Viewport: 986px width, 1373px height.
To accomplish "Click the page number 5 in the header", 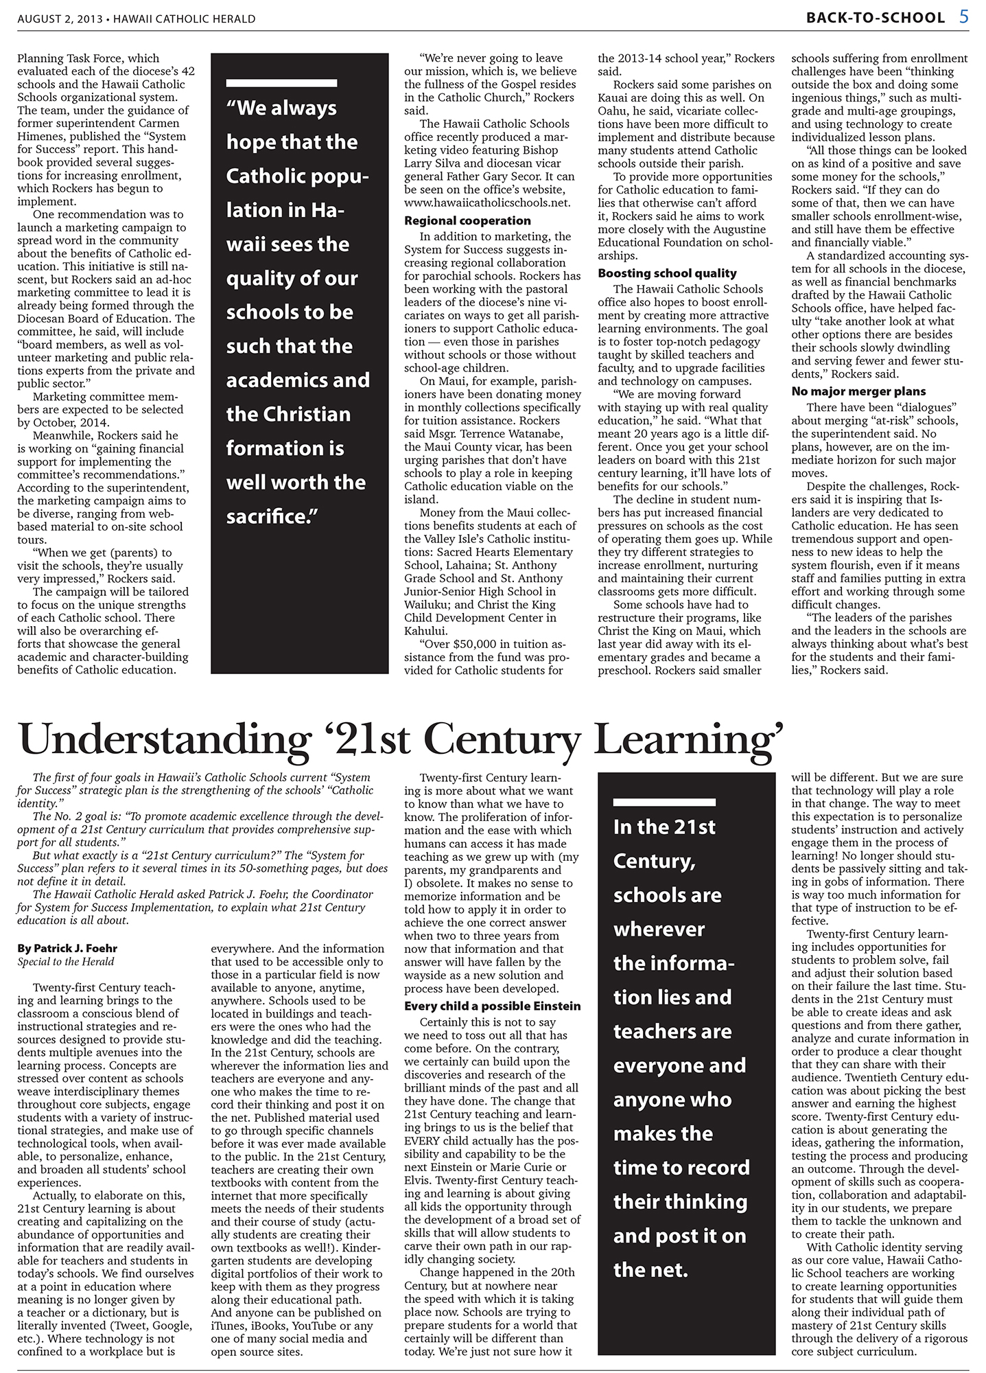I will pos(964,17).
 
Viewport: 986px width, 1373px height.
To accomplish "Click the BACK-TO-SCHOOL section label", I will pos(877,19).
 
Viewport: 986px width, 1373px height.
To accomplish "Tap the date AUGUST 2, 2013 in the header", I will pos(59,19).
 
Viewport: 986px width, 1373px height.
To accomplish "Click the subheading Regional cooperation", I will pos(467,221).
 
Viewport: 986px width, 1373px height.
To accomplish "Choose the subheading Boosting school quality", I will pos(667,273).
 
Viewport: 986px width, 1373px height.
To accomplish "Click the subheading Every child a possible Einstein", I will pos(492,1006).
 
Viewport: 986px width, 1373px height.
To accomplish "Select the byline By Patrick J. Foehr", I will pos(67,949).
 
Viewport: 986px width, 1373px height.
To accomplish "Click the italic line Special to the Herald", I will pos(66,962).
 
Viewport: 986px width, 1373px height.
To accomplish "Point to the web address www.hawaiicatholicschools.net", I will pos(486,203).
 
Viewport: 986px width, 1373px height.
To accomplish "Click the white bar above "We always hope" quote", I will pos(282,83).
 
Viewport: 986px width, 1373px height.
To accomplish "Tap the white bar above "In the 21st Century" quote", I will pos(664,802).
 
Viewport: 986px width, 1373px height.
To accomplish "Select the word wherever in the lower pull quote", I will pos(659,930).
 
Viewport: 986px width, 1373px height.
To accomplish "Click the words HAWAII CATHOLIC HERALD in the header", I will pos(185,19).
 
